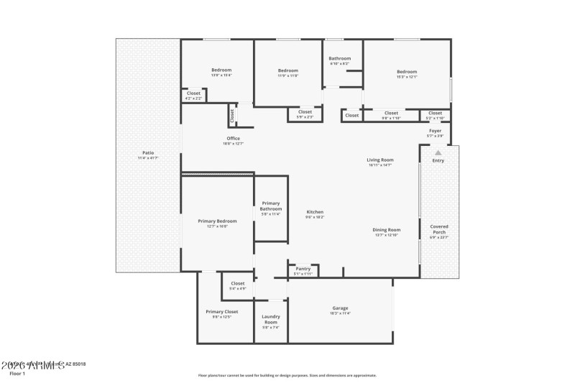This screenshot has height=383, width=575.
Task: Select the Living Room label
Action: tap(380, 162)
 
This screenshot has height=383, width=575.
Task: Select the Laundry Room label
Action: tap(271, 319)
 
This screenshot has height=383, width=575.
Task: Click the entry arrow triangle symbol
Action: tap(438, 152)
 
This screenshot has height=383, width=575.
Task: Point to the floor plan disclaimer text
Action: tap(287, 375)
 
